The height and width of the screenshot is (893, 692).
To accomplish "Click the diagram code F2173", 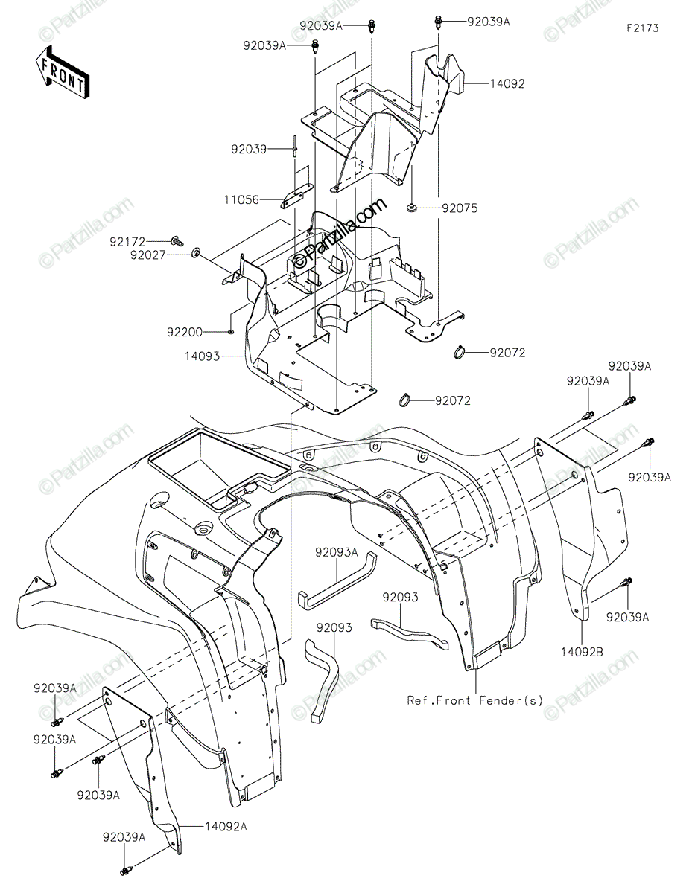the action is click(643, 28).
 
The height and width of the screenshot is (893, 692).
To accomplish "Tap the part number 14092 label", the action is click(507, 84).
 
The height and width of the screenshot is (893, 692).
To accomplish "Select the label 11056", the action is click(242, 200).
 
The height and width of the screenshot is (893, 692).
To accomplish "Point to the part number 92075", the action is click(460, 208).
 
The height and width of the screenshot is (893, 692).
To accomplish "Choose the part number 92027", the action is click(148, 255).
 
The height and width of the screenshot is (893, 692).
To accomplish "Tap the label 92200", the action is click(185, 332).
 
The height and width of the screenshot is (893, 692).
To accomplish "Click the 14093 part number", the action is click(202, 356).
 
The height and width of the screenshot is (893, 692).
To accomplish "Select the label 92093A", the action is click(337, 553).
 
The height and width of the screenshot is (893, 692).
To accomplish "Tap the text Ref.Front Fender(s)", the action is click(475, 700).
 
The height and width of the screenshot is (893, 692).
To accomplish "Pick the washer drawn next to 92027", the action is click(196, 252).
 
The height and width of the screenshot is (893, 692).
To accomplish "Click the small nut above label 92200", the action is click(231, 331).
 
